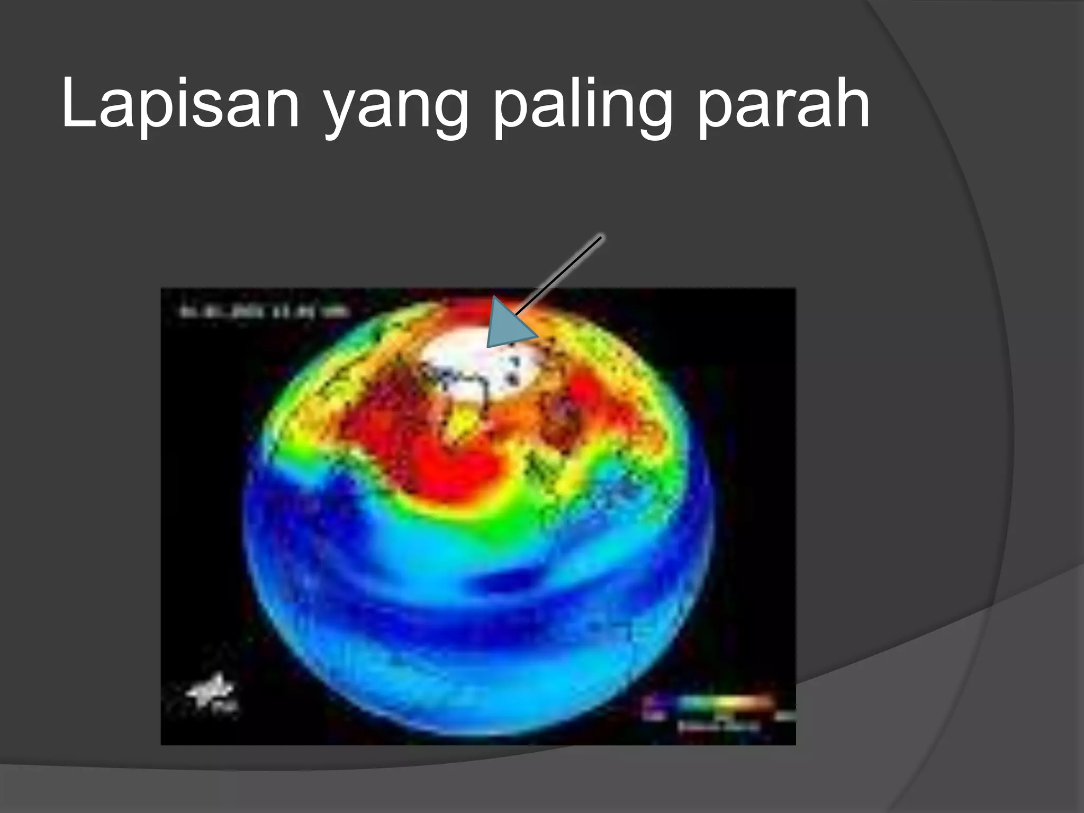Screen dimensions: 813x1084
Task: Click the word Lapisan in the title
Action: (180, 103)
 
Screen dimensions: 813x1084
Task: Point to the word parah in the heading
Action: (783, 103)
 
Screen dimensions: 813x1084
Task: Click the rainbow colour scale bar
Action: (720, 702)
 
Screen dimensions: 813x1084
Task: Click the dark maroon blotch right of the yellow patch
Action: (561, 423)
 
